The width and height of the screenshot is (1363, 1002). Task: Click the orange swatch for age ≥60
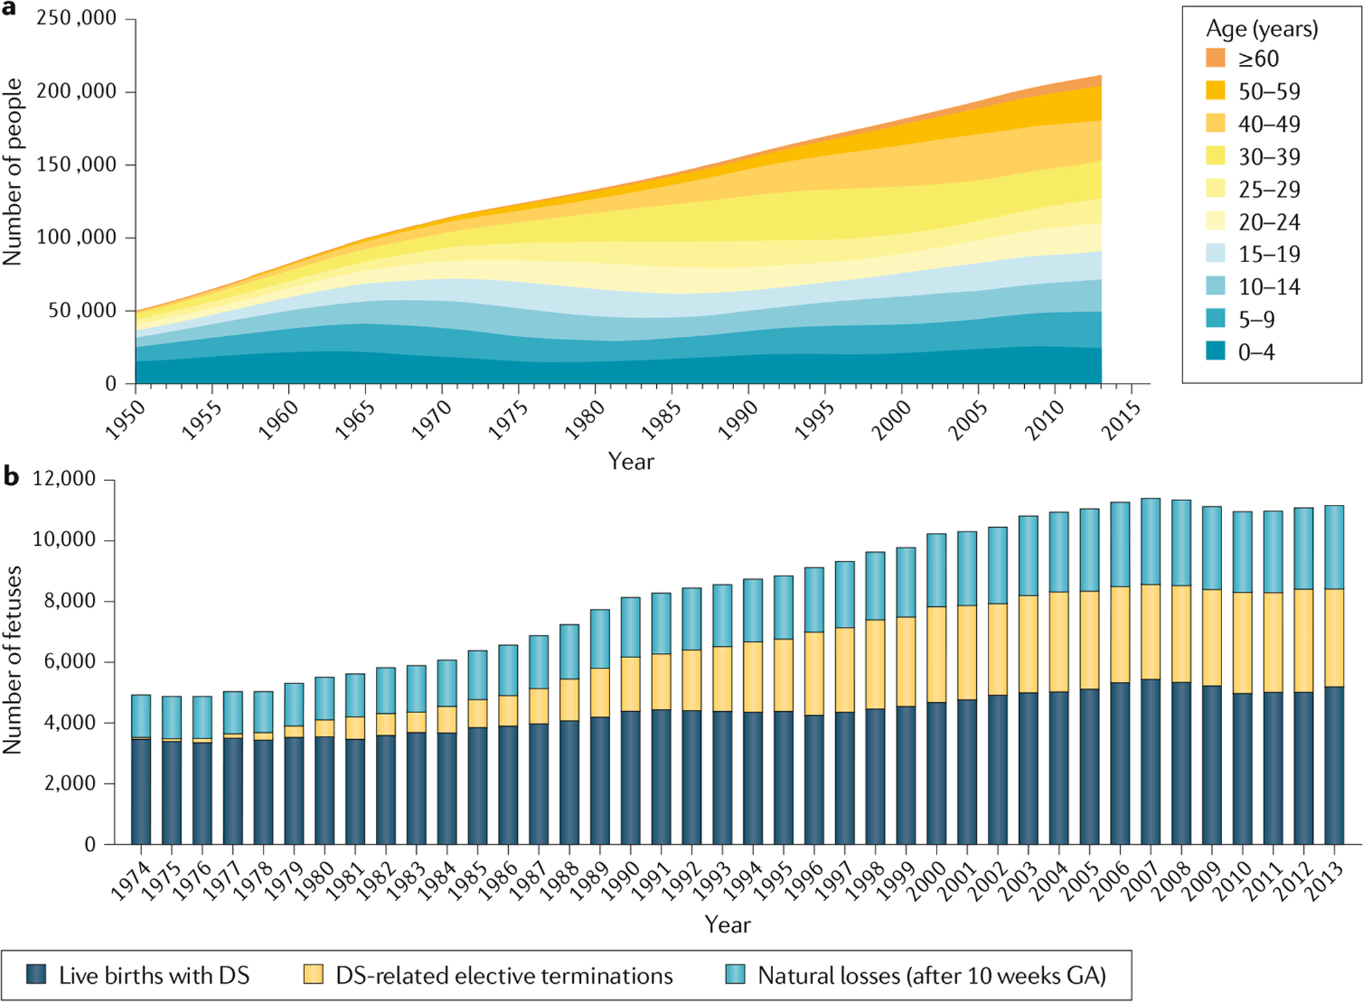[1215, 58]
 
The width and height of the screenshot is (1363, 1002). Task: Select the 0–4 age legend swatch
[1215, 351]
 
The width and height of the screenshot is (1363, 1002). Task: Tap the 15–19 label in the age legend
[1269, 254]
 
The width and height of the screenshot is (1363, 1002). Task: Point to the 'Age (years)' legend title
[1262, 29]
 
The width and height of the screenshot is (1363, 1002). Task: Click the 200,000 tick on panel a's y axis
[77, 92]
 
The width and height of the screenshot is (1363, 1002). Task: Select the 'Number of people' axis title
[13, 172]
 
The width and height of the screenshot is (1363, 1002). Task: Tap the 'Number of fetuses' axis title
[13, 660]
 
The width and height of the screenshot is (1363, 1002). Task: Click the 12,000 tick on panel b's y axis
[64, 480]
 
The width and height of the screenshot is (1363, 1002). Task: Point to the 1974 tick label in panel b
[129, 882]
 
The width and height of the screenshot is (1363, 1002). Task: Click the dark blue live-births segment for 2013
[1334, 766]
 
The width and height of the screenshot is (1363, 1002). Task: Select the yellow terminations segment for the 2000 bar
[936, 654]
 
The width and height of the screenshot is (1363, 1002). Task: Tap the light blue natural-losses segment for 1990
[630, 627]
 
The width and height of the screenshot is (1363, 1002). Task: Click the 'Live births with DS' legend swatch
[36, 974]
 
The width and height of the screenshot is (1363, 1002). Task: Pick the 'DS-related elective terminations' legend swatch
[313, 974]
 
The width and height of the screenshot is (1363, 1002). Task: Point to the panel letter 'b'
[11, 476]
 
